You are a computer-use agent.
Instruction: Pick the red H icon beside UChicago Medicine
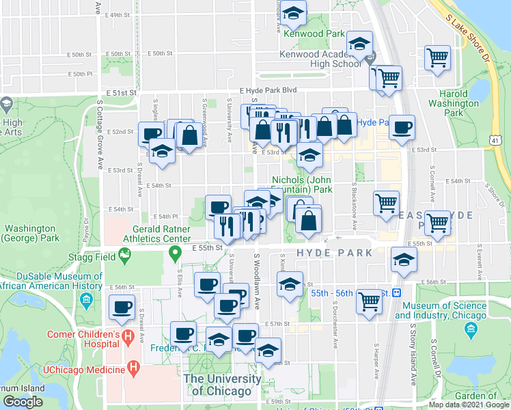pos(134,369)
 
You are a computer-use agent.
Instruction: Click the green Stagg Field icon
pos(124,256)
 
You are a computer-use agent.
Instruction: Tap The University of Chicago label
pos(221,384)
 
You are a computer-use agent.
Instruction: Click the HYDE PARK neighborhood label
pos(334,253)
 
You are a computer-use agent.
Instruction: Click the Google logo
pos(23,401)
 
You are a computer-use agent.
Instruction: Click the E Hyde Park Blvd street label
pos(268,90)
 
